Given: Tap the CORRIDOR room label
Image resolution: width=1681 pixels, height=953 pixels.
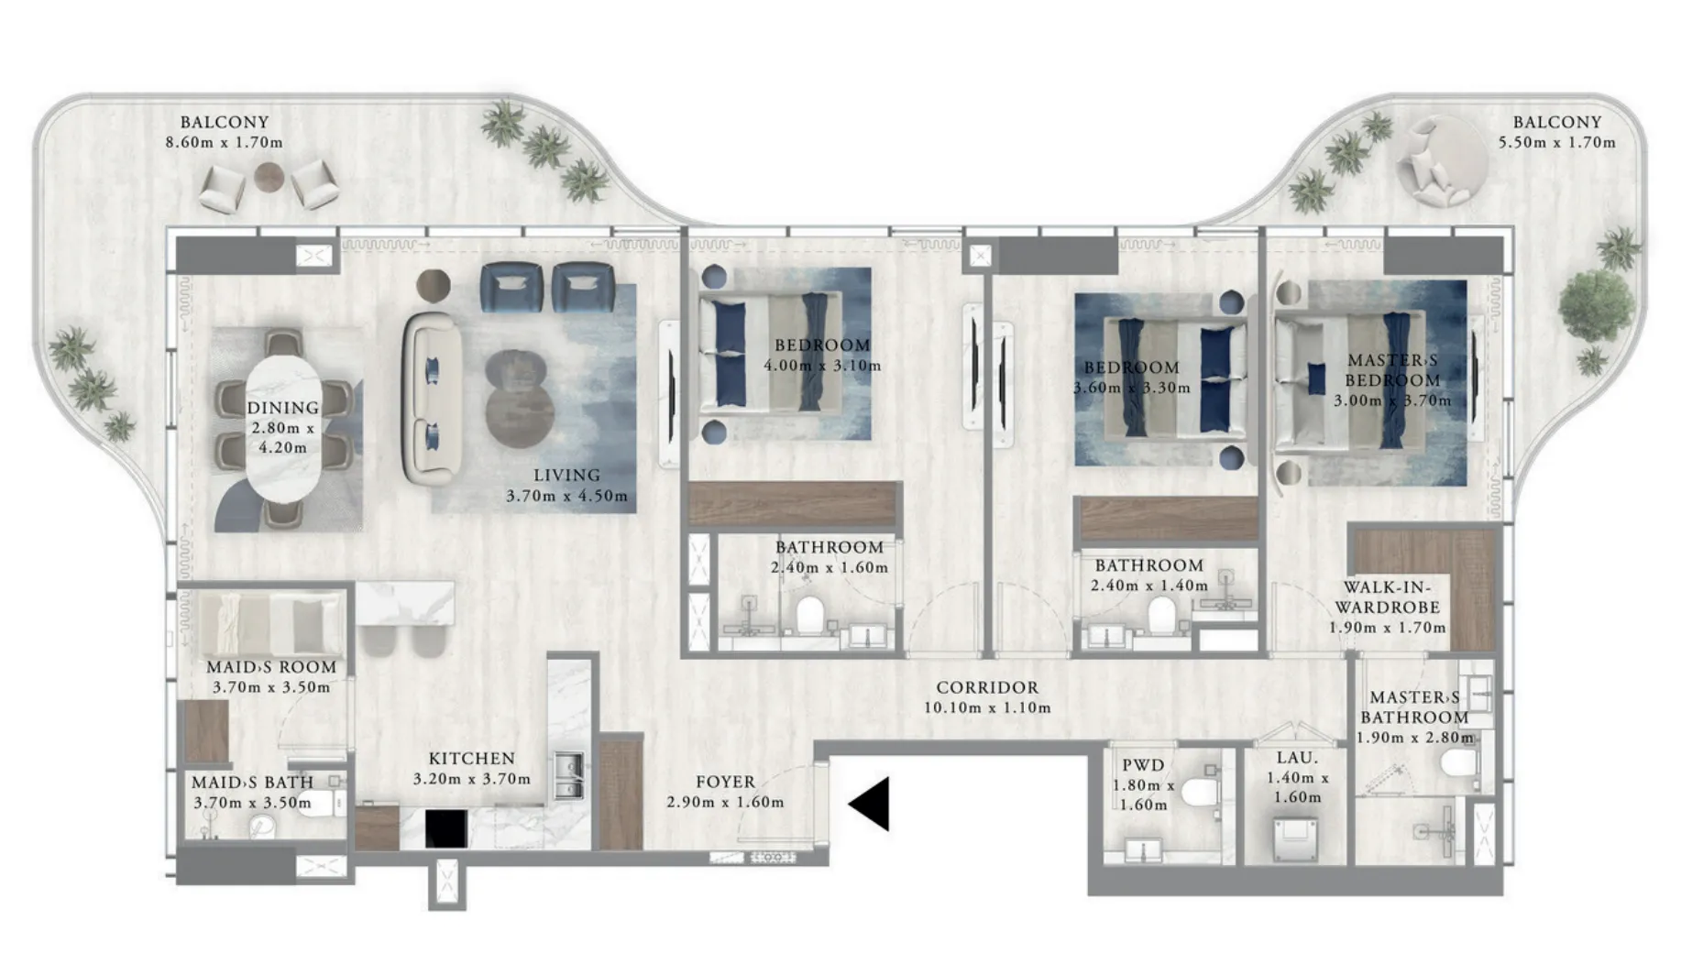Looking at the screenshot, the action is [x=987, y=687].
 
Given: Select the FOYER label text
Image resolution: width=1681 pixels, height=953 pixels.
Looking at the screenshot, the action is [x=725, y=782].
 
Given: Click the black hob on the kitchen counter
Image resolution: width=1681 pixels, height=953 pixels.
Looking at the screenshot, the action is [x=445, y=828].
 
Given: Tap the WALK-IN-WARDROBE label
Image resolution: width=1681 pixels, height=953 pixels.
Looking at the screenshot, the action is [x=1387, y=597].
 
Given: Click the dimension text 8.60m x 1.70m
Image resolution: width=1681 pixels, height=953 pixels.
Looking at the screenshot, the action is [x=224, y=142].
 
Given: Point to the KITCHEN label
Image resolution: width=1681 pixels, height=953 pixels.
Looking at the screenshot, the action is [x=472, y=759].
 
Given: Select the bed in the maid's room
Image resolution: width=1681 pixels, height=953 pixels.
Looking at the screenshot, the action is [x=271, y=624].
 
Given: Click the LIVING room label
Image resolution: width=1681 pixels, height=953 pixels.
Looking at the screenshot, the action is [x=567, y=475].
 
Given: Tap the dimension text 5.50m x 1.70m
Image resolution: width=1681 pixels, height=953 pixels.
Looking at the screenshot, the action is [x=1556, y=142].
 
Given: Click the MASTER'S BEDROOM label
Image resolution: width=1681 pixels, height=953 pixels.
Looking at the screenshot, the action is [x=1392, y=370].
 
